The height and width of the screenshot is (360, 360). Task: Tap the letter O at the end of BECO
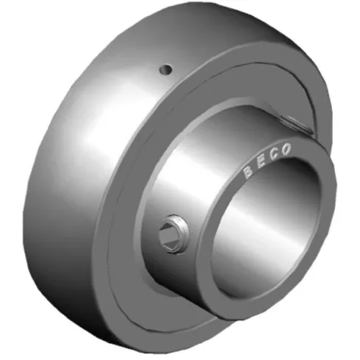pos(287,148)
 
